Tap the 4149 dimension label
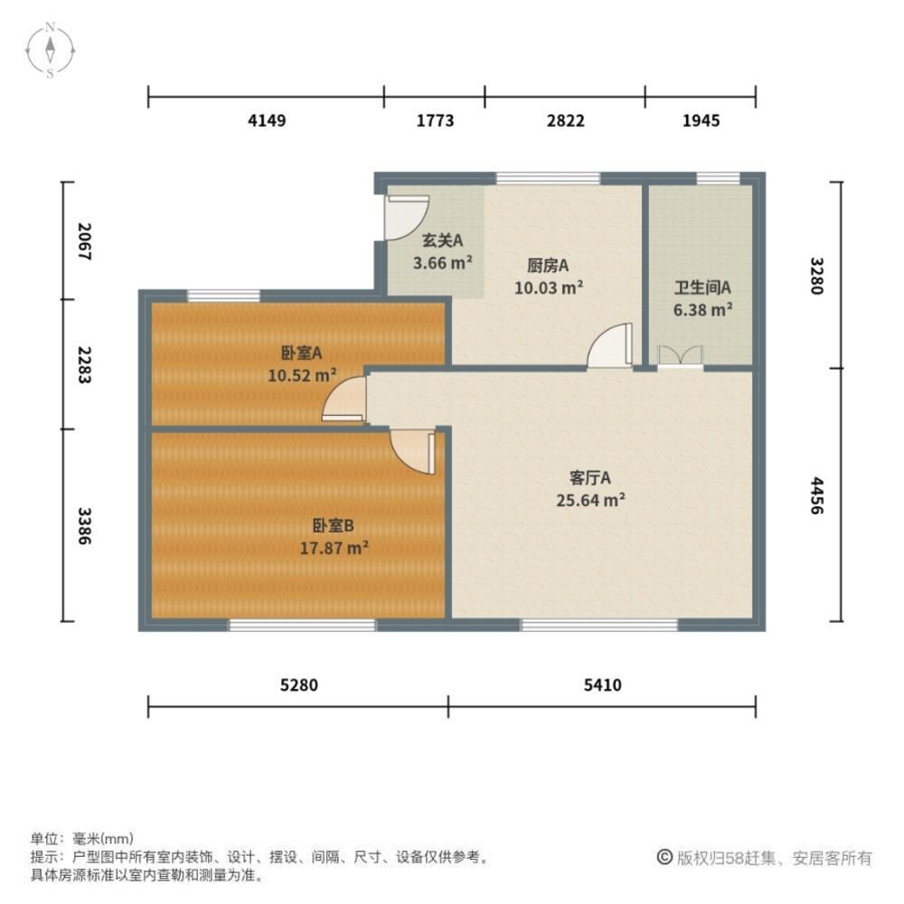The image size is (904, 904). pyautogui.click(x=267, y=121)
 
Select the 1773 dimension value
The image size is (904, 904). pyautogui.click(x=435, y=121)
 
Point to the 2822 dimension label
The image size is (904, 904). pyautogui.click(x=565, y=121)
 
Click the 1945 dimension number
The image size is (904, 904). pyautogui.click(x=701, y=121)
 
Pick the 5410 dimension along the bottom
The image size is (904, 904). pyautogui.click(x=602, y=686)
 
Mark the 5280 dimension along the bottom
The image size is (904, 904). pyautogui.click(x=299, y=686)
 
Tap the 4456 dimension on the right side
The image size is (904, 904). pyautogui.click(x=816, y=495)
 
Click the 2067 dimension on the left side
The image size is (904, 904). pyautogui.click(x=85, y=242)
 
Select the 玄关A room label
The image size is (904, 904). pyautogui.click(x=443, y=240)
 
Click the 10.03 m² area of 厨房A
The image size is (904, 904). pyautogui.click(x=549, y=288)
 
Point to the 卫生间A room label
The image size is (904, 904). pyautogui.click(x=702, y=287)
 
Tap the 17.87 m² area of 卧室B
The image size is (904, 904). pyautogui.click(x=334, y=547)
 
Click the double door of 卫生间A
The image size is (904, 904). pyautogui.click(x=680, y=356)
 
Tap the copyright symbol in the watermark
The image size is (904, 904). pyautogui.click(x=664, y=857)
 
